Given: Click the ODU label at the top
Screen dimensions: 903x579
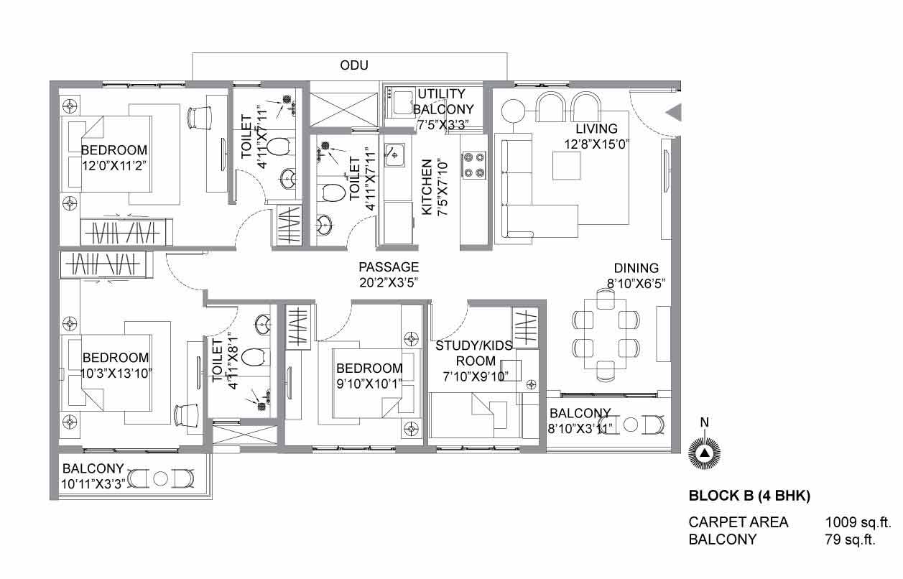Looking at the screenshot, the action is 354,65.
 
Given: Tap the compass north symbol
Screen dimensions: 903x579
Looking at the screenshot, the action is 704,453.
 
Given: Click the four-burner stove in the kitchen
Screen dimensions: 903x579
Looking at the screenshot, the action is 474,165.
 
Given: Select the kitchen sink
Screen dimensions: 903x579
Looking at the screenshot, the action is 394,155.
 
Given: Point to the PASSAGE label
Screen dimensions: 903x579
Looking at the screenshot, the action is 389,267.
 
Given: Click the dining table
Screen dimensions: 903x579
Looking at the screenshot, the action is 605,334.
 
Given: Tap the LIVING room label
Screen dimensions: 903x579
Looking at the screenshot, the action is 596,129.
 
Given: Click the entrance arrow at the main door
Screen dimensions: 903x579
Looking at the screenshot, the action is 673,112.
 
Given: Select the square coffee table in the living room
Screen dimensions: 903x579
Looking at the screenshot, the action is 566,165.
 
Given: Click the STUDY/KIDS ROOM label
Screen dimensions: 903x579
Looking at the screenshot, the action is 474,353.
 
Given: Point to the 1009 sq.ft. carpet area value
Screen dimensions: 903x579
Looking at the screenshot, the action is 858,522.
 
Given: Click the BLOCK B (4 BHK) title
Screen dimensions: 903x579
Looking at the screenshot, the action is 749,496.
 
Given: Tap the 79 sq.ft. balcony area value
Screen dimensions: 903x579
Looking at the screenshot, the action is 850,539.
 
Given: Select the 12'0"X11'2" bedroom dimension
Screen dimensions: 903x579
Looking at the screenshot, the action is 114,166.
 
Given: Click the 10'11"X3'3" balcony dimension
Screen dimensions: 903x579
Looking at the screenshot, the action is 93,484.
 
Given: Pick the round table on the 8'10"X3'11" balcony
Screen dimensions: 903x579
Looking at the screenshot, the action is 631,425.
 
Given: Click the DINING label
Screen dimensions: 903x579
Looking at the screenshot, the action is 636,268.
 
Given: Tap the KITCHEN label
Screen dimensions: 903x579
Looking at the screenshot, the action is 427,187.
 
